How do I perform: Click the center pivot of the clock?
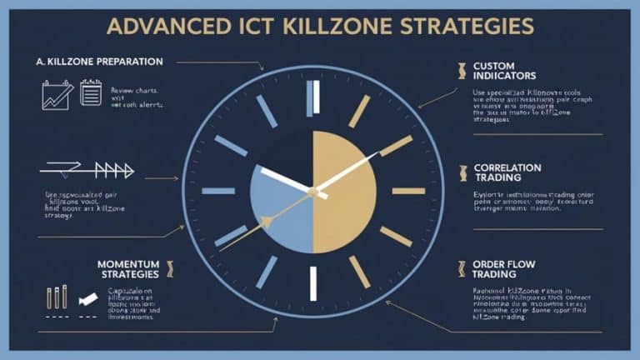(312, 192)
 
